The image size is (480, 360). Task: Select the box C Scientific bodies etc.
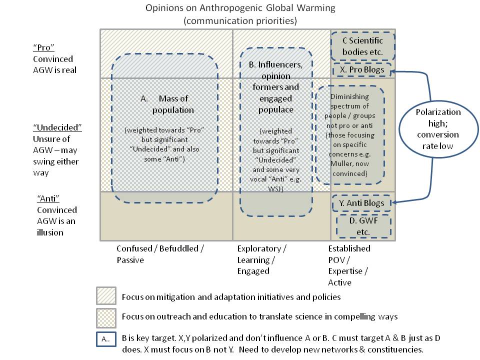362,46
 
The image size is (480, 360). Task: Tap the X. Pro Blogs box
362,70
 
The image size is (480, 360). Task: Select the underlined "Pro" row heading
43,47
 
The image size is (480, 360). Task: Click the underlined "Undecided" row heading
57,127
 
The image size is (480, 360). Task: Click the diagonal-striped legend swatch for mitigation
106,296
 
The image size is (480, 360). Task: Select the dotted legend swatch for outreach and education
106,316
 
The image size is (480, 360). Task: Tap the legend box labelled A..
106,339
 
